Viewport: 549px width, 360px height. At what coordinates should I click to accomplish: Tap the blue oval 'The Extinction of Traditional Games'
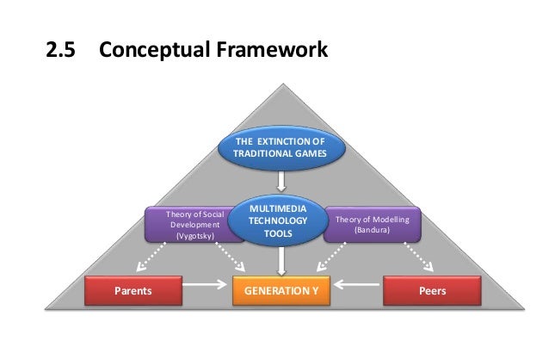coord(281,148)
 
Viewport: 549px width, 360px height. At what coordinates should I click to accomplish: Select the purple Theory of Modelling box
coord(373,225)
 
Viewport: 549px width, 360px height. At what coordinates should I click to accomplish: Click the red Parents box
coord(133,291)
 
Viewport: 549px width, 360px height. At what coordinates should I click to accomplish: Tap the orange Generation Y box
coord(281,291)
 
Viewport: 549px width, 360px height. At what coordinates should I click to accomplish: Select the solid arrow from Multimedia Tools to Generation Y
coord(281,259)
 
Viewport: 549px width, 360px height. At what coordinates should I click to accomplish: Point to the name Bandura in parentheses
coord(373,231)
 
